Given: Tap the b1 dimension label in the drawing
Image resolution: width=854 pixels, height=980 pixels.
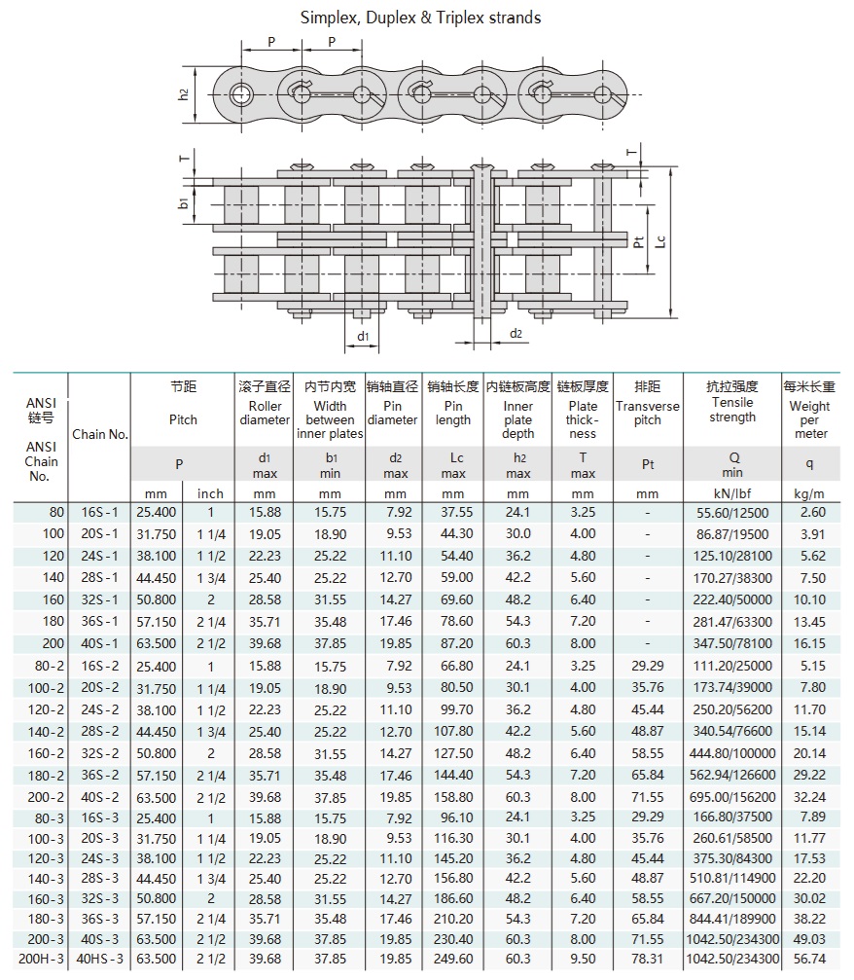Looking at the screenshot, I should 183,204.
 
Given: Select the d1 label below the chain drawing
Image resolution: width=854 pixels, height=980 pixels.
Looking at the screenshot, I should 363,337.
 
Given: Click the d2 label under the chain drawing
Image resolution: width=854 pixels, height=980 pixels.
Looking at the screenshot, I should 516,335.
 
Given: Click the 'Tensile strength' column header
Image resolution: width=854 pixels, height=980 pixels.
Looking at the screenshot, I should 732,410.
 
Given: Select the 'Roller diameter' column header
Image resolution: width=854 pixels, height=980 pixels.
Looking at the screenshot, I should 265,413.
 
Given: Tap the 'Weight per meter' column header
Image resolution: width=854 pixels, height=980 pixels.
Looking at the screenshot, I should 810,419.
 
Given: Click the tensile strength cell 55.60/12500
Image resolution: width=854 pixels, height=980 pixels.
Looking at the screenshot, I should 732,512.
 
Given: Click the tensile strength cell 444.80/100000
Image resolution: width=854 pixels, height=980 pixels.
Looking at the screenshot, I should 732,752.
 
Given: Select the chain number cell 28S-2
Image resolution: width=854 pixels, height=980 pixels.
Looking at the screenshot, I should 101,731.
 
